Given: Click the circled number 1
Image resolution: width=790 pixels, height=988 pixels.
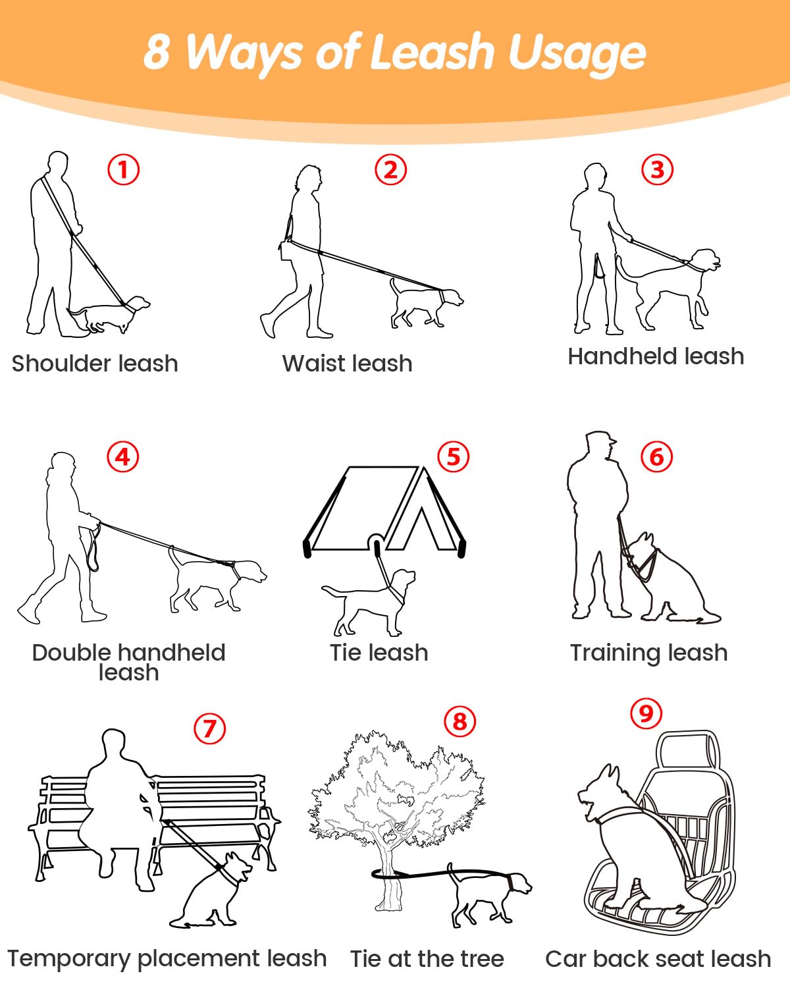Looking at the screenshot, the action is pyautogui.click(x=124, y=169).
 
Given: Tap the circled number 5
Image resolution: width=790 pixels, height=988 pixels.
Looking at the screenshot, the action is pyautogui.click(x=453, y=457).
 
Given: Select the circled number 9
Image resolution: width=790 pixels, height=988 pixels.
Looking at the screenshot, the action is pyautogui.click(x=646, y=713).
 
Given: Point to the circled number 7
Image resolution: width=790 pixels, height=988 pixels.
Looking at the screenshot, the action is pyautogui.click(x=209, y=728).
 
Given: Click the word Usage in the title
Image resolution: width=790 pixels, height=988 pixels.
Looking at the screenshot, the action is pyautogui.click(x=577, y=54).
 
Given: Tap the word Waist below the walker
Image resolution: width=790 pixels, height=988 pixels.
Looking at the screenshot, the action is pyautogui.click(x=315, y=363).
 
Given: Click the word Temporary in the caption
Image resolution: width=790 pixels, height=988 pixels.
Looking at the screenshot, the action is pyautogui.click(x=69, y=960).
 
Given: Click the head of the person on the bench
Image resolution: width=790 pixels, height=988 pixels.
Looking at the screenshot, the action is pyautogui.click(x=113, y=744).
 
